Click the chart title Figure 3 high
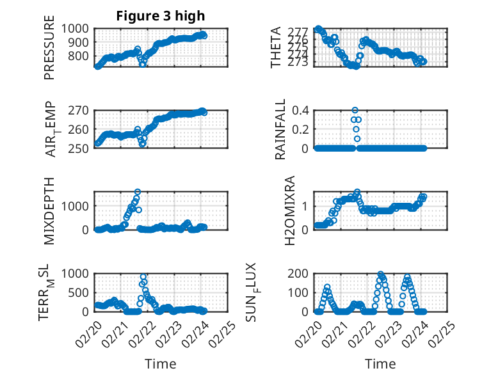coord(160,16)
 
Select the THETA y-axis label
coord(276,48)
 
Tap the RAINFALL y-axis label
coord(280,129)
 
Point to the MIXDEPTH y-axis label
coord(50,210)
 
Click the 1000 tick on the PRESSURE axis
coord(77,28)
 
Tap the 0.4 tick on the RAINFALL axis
coord(301,110)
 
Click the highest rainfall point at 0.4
coord(355,110)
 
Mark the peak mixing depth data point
coord(138,192)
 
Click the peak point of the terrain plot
coord(143,276)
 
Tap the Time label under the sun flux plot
coord(380,363)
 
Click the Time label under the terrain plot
coord(160,363)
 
